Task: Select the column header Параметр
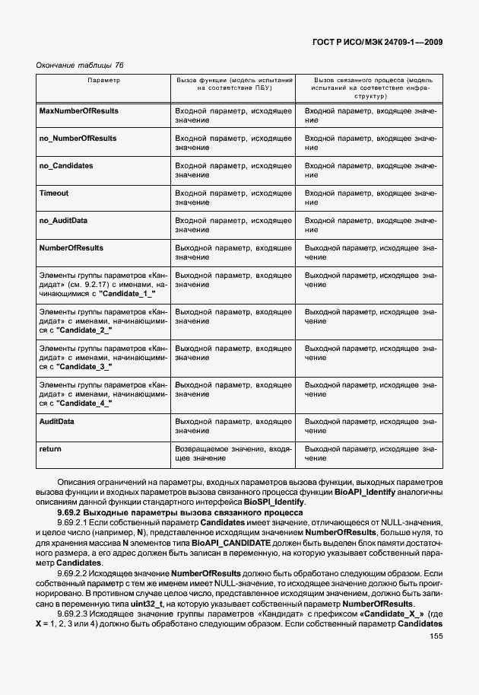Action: point(103,80)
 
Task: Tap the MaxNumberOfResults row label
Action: point(78,111)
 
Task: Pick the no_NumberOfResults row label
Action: point(78,139)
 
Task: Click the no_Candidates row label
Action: point(66,166)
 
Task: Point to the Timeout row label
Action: point(54,193)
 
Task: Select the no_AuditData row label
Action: point(63,221)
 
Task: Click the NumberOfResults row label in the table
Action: point(71,248)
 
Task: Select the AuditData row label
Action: point(56,422)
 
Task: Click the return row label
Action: point(50,449)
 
